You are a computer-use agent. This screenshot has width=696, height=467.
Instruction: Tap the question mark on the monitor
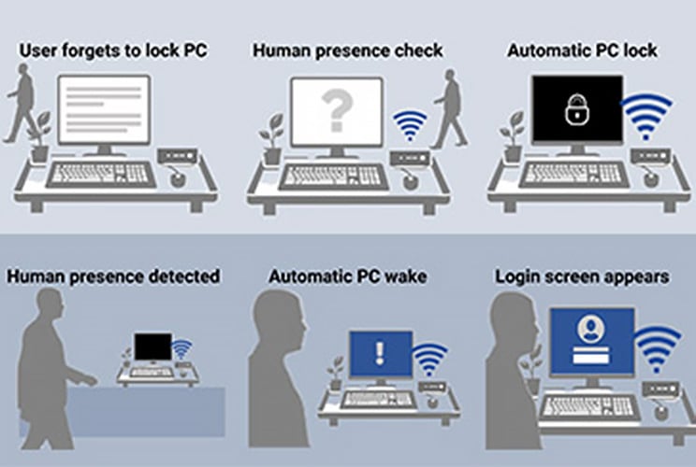335,111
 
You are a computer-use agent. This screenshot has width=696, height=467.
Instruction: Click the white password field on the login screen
589,358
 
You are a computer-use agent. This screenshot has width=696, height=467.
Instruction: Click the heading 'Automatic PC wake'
349,276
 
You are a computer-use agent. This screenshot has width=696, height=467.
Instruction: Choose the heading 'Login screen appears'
581,276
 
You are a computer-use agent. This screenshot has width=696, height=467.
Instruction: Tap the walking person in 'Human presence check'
450,110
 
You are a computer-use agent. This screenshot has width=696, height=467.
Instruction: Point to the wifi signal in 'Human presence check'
408,126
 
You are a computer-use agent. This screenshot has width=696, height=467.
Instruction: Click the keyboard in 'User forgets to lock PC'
101,175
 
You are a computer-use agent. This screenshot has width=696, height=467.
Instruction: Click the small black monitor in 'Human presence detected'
150,347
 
